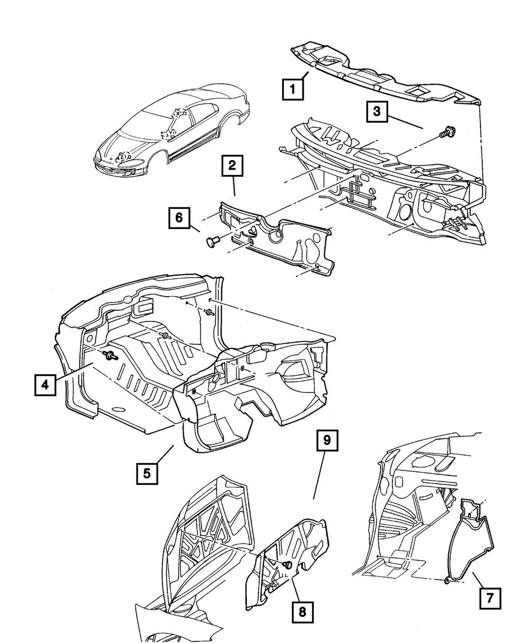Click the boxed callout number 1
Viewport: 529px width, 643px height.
tap(293, 89)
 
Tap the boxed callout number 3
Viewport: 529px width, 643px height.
tap(376, 112)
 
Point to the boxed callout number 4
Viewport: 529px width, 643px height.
tap(45, 384)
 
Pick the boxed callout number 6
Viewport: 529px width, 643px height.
tap(179, 217)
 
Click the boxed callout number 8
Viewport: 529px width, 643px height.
tap(302, 612)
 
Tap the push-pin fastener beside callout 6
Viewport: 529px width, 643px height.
tap(212, 242)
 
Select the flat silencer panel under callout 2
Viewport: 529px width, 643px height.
tap(280, 243)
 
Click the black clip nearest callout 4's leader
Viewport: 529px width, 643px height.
tap(111, 356)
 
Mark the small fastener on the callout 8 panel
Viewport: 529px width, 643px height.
tap(287, 565)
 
